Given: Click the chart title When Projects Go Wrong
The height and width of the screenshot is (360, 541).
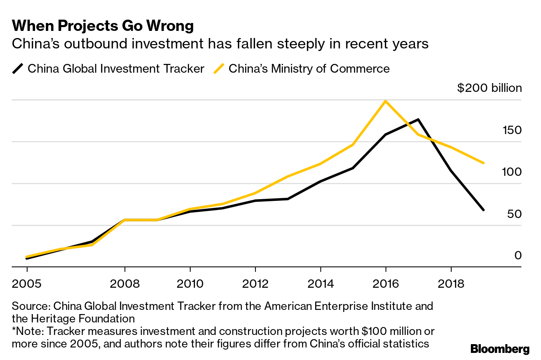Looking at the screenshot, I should (103, 26).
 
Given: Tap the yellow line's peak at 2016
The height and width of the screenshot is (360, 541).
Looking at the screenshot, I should (385, 101).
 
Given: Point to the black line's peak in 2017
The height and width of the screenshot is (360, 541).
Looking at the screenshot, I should (418, 120).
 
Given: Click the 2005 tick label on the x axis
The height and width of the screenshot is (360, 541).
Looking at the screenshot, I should (27, 284).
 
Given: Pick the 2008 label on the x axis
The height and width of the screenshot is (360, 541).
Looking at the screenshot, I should (125, 284).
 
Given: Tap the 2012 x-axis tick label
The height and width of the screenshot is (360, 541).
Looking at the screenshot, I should (255, 284).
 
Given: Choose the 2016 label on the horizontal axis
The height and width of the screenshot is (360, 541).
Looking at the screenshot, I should (385, 284).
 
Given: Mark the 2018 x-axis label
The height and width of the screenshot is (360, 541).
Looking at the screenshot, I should (451, 284).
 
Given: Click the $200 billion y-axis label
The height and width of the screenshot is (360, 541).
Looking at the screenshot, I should (489, 88).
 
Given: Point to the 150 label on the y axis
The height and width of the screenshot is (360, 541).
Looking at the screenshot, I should (512, 130).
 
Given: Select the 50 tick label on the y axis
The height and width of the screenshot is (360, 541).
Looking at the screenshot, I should (514, 214).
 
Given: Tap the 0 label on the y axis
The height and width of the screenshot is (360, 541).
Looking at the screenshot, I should (518, 255).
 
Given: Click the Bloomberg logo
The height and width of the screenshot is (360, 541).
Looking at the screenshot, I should (500, 349).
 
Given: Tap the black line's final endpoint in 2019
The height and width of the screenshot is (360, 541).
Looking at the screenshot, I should (483, 210).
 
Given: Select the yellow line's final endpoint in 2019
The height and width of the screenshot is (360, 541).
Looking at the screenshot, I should (483, 163).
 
